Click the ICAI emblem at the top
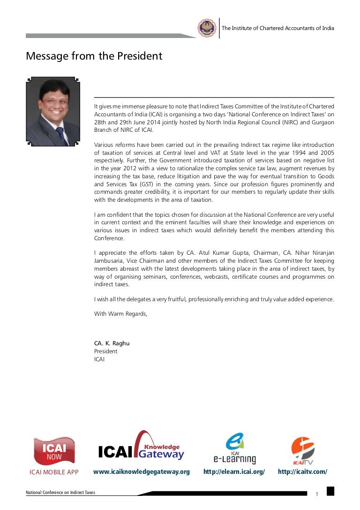tap(207, 28)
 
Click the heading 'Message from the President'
tap(94, 56)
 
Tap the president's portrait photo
tap(52, 112)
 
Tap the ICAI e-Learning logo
tap(234, 448)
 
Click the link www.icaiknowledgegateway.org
tap(142, 472)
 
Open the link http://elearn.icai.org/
tap(234, 472)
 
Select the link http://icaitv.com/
tap(302, 472)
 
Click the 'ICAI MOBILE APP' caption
tap(54, 472)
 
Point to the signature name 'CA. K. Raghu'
tap(112, 343)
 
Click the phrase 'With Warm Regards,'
tap(120, 314)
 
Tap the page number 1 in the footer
tap(317, 495)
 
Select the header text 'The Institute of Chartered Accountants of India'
tap(277, 28)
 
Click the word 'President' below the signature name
tap(106, 351)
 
